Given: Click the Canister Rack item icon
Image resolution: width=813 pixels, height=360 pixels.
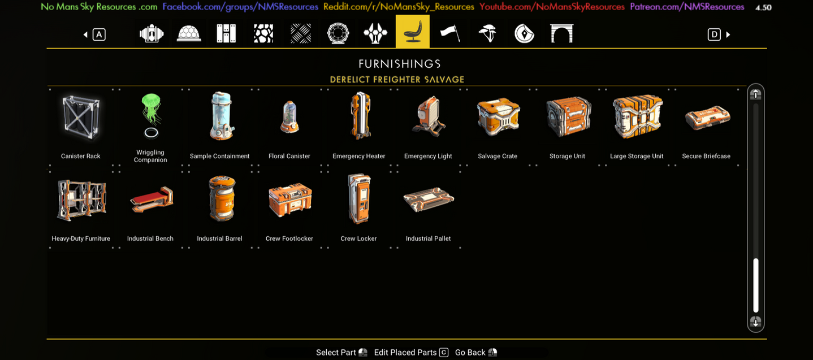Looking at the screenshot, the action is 81,117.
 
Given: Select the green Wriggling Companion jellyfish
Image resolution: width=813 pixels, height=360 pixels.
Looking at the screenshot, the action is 151,111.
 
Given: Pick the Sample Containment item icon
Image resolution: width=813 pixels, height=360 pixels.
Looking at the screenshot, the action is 220,116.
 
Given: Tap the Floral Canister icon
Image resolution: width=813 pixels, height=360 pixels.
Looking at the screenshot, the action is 289,118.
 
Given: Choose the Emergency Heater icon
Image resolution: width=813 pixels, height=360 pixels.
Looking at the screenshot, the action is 360,116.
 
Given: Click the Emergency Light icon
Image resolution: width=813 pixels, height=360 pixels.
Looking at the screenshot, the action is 428,117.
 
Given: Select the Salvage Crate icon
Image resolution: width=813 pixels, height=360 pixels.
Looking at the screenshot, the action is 498,117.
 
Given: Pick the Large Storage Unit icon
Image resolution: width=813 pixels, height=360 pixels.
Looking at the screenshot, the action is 637,116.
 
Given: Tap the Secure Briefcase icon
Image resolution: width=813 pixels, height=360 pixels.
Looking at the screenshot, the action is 707,118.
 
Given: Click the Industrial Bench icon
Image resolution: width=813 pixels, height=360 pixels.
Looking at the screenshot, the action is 151,199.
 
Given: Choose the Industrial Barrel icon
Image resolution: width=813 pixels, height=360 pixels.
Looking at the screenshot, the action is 220,198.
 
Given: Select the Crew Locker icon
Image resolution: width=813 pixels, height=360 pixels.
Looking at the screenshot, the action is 359,198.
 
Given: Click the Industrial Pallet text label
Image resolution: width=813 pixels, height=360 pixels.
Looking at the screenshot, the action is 428,238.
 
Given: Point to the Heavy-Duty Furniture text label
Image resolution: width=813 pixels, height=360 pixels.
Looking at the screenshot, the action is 81,238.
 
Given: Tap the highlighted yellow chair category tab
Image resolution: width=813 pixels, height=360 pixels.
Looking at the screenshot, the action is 412,32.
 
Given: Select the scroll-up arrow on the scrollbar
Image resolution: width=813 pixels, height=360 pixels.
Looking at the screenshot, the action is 755,94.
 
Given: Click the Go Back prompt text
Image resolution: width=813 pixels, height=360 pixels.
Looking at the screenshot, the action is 470,353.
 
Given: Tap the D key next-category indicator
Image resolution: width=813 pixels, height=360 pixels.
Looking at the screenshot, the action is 714,34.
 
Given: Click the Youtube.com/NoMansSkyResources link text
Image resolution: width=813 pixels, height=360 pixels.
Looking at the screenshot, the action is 552,7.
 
